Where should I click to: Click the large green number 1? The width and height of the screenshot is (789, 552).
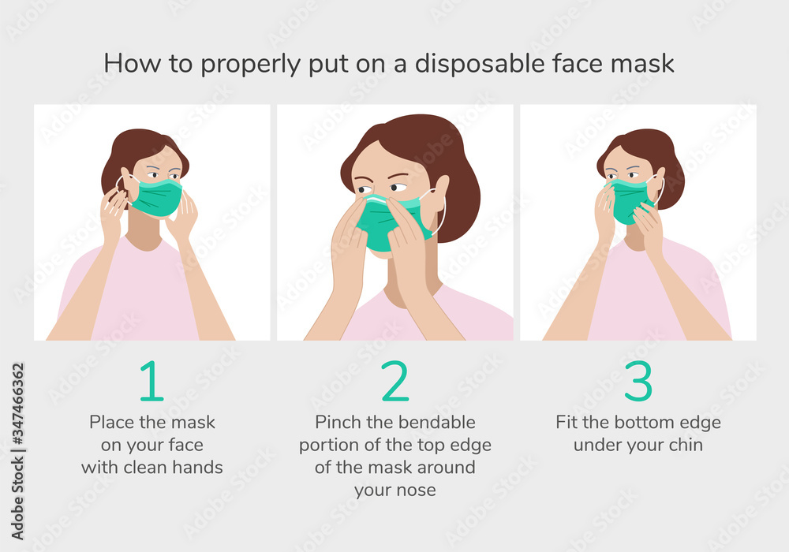pyautogui.click(x=151, y=382)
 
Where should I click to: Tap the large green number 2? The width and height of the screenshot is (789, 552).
pyautogui.click(x=394, y=382)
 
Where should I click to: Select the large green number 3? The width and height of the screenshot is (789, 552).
pyautogui.click(x=638, y=382)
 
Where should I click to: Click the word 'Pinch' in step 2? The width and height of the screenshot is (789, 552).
pyautogui.click(x=338, y=422)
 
